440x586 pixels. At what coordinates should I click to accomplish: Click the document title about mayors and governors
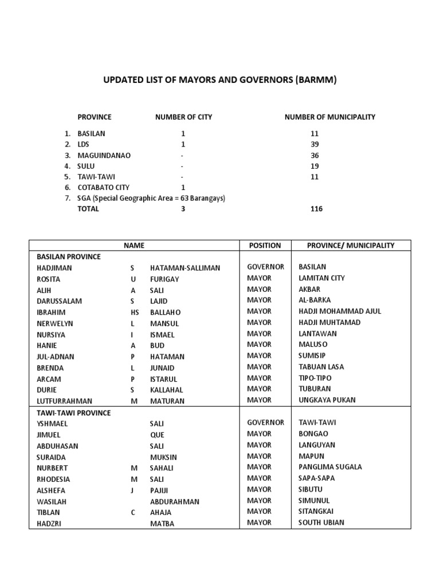[219, 80]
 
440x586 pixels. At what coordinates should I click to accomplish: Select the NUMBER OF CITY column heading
[183, 117]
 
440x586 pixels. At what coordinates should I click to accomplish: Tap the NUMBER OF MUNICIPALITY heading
[329, 117]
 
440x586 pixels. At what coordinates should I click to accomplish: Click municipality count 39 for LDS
[315, 144]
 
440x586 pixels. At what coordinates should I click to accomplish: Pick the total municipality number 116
[316, 209]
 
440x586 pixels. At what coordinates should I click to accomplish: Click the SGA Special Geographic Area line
[151, 198]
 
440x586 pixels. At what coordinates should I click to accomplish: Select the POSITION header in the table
[265, 246]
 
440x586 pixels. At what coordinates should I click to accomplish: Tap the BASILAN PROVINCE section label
[68, 257]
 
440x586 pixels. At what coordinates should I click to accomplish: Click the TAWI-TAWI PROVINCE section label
[73, 413]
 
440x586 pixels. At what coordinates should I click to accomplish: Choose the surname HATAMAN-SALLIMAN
[185, 268]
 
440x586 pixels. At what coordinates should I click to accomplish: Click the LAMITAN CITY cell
[321, 278]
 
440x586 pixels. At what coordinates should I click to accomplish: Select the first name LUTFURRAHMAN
[64, 401]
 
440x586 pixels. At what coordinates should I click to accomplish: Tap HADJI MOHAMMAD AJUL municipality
[340, 311]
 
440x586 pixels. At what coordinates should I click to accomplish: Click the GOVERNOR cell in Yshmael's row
[265, 423]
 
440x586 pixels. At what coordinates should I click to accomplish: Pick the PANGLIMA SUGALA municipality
[330, 467]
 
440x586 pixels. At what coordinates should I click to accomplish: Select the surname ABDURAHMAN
[174, 501]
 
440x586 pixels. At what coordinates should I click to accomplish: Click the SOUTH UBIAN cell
[321, 522]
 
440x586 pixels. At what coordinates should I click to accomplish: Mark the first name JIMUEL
[49, 435]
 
